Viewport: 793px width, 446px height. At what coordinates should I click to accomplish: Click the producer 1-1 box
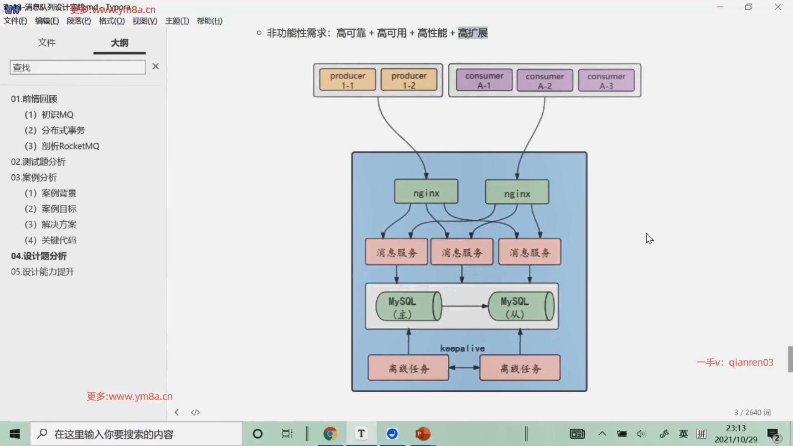tap(347, 80)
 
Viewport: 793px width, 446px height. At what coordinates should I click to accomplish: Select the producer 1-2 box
tap(409, 80)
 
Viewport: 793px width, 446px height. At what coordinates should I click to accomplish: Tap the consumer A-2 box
tap(544, 80)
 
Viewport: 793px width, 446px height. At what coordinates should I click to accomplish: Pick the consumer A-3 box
tap(606, 80)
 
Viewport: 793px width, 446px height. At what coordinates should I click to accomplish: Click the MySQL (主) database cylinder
tap(408, 306)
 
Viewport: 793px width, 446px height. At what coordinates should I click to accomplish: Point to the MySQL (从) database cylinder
tap(520, 306)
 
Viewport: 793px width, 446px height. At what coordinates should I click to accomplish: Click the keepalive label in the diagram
tap(462, 349)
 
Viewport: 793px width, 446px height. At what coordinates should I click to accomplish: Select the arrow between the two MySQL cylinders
tap(465, 306)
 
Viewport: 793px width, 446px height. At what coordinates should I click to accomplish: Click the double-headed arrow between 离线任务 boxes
tap(464, 367)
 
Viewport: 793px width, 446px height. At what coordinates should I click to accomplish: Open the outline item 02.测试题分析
tap(38, 162)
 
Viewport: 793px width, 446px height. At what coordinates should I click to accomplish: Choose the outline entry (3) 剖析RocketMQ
tap(62, 146)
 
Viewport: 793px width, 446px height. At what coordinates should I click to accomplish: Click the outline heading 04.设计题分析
tap(39, 256)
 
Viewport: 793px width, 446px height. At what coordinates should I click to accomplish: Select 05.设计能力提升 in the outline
tap(43, 272)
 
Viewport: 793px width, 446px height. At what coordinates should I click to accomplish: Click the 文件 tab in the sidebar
tap(47, 43)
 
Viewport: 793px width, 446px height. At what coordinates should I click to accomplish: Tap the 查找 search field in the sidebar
tap(78, 67)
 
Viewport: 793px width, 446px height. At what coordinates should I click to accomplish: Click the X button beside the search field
tap(155, 66)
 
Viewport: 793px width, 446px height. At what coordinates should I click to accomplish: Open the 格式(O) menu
tap(112, 21)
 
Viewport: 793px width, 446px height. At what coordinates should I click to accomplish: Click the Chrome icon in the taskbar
tap(330, 434)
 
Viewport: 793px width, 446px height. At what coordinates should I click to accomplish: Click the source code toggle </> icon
tap(195, 412)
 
